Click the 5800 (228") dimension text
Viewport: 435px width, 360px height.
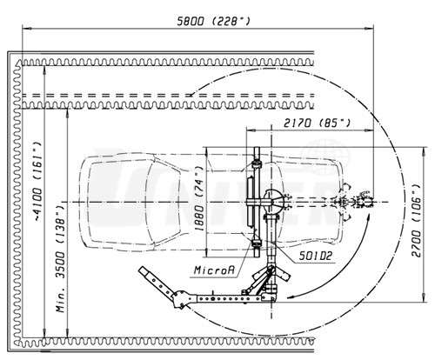213,21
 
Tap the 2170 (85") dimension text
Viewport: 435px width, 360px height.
317,123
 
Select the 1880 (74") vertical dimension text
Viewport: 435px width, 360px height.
200,198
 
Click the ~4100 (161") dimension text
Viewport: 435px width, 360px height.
38,182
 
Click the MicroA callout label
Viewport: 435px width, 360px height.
214,270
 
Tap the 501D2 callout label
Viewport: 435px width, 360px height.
315,256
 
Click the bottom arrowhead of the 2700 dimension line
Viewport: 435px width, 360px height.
425,297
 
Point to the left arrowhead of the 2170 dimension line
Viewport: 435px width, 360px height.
251,130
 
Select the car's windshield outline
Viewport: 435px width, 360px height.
164,202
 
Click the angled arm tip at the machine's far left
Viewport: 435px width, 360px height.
144,270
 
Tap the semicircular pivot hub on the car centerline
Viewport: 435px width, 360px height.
273,202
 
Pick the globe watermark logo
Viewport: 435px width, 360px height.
325,156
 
